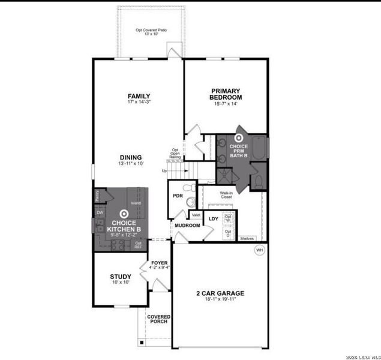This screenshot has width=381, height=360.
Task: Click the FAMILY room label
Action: [139, 96]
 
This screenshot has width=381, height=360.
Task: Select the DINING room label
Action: [130, 157]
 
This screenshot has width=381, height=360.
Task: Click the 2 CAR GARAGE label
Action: [220, 293]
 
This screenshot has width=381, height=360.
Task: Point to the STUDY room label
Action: [121, 277]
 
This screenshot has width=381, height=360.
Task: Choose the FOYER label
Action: [160, 263]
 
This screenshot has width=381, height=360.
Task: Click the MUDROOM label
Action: [187, 226]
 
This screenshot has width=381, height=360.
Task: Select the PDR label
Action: [178, 196]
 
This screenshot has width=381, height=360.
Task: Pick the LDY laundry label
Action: [212, 218]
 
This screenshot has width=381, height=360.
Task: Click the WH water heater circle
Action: [260, 250]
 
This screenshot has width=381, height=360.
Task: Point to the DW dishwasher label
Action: [99, 212]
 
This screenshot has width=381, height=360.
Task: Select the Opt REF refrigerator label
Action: [138, 245]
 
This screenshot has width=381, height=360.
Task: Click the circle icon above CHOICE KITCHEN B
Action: [124, 213]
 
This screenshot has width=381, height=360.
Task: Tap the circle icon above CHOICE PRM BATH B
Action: [239, 136]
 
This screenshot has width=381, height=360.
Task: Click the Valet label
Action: [196, 215]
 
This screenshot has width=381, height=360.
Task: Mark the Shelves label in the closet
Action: [247, 238]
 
